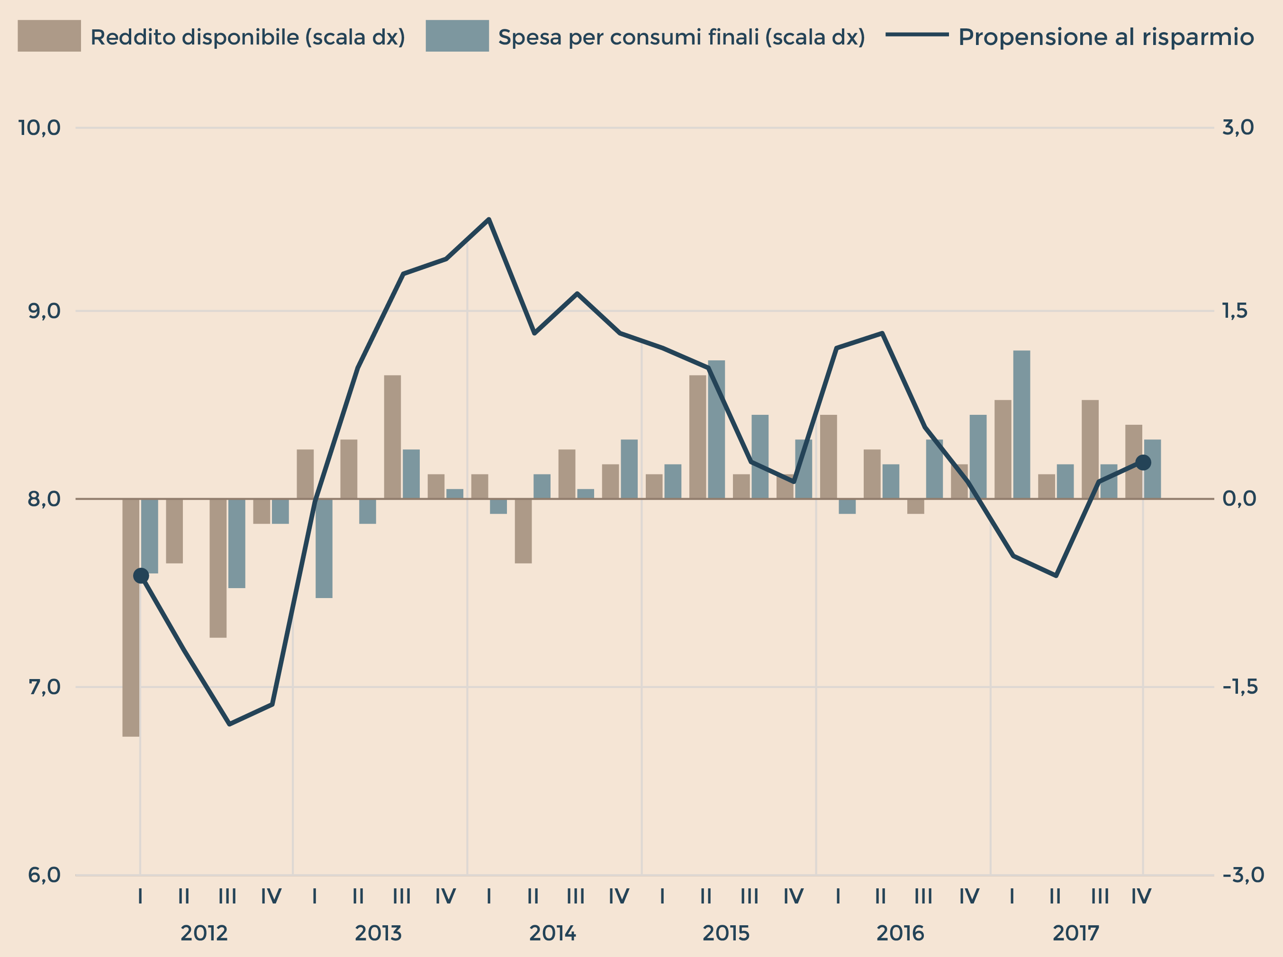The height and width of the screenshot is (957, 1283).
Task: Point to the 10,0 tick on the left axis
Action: [x=39, y=127]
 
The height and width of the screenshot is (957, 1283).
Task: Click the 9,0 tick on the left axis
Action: [x=44, y=311]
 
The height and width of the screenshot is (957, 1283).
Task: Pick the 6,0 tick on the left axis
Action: [x=44, y=875]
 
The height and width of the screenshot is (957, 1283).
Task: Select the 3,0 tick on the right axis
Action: [x=1238, y=127]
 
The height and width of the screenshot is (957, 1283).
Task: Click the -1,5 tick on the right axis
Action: [x=1240, y=687]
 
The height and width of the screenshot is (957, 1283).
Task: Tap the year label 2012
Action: [x=204, y=933]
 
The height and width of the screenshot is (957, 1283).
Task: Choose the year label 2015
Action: [x=726, y=933]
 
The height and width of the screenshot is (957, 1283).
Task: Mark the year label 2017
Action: [x=1075, y=933]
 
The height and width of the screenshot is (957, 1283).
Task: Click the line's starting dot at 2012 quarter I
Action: [x=141, y=576]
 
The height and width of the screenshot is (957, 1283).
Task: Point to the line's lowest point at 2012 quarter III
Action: [x=229, y=724]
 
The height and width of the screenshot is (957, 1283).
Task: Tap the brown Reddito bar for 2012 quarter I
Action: [x=131, y=617]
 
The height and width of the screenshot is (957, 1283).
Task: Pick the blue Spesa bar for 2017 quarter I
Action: [x=1021, y=424]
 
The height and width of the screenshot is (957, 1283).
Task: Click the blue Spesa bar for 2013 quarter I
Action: [x=324, y=548]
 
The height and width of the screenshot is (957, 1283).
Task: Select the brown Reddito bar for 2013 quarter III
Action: [x=392, y=437]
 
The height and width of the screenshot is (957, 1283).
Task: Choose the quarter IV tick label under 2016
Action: [x=969, y=897]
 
